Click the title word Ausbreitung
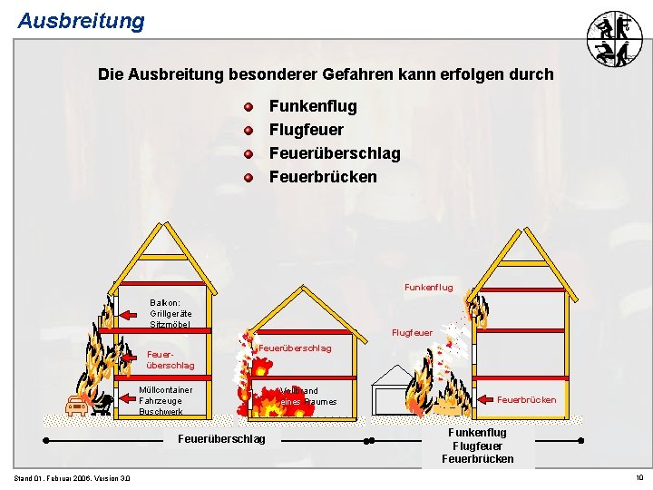[81, 20]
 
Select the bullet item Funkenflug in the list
[313, 106]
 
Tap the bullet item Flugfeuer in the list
[306, 130]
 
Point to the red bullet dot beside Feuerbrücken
[248, 177]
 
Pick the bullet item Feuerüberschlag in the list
[334, 153]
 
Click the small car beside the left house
[77, 406]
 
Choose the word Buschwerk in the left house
[161, 412]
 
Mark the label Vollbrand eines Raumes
[307, 397]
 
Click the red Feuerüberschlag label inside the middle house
[295, 348]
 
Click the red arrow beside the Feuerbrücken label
[484, 399]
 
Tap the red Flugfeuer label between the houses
[412, 333]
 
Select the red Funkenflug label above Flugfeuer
[428, 288]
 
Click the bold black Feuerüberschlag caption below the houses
[222, 439]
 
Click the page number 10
[638, 478]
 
